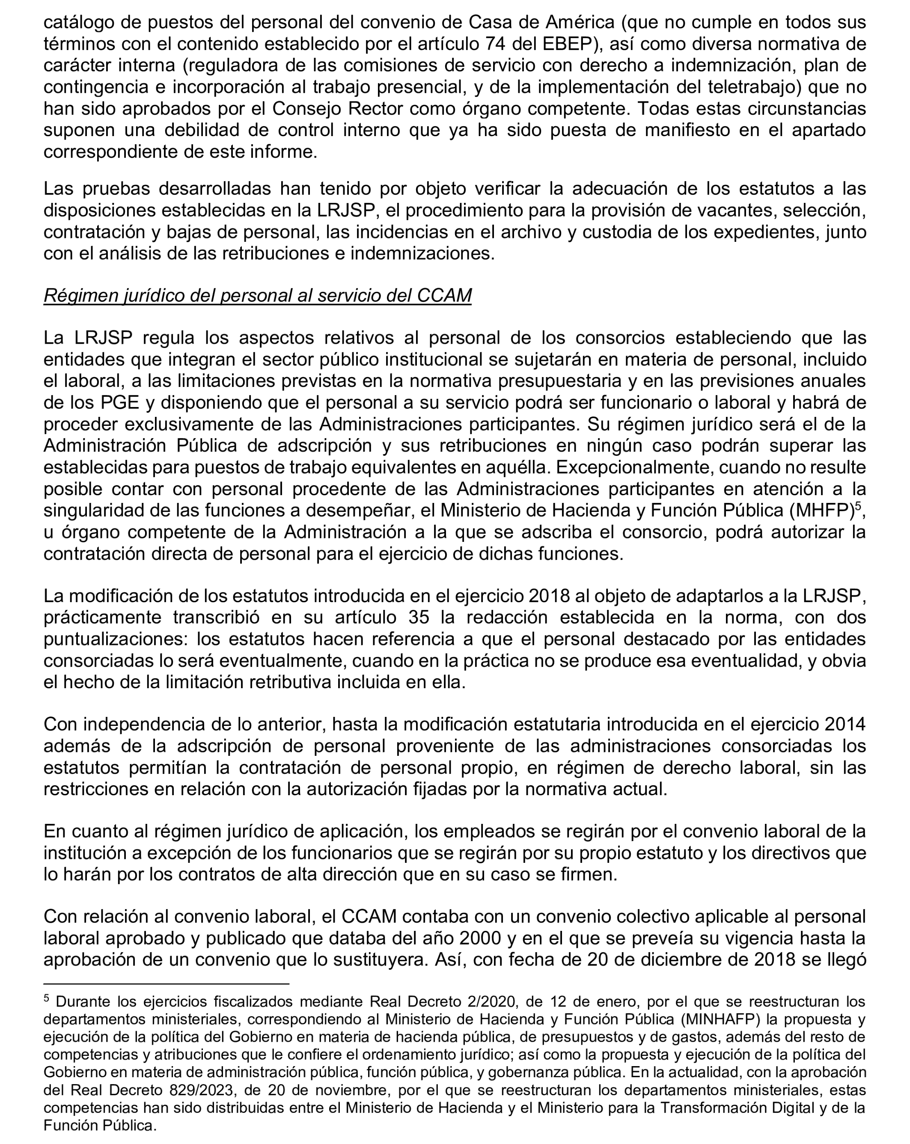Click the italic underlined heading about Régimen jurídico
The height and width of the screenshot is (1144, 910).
(257, 296)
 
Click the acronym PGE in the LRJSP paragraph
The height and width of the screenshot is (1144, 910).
(119, 403)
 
